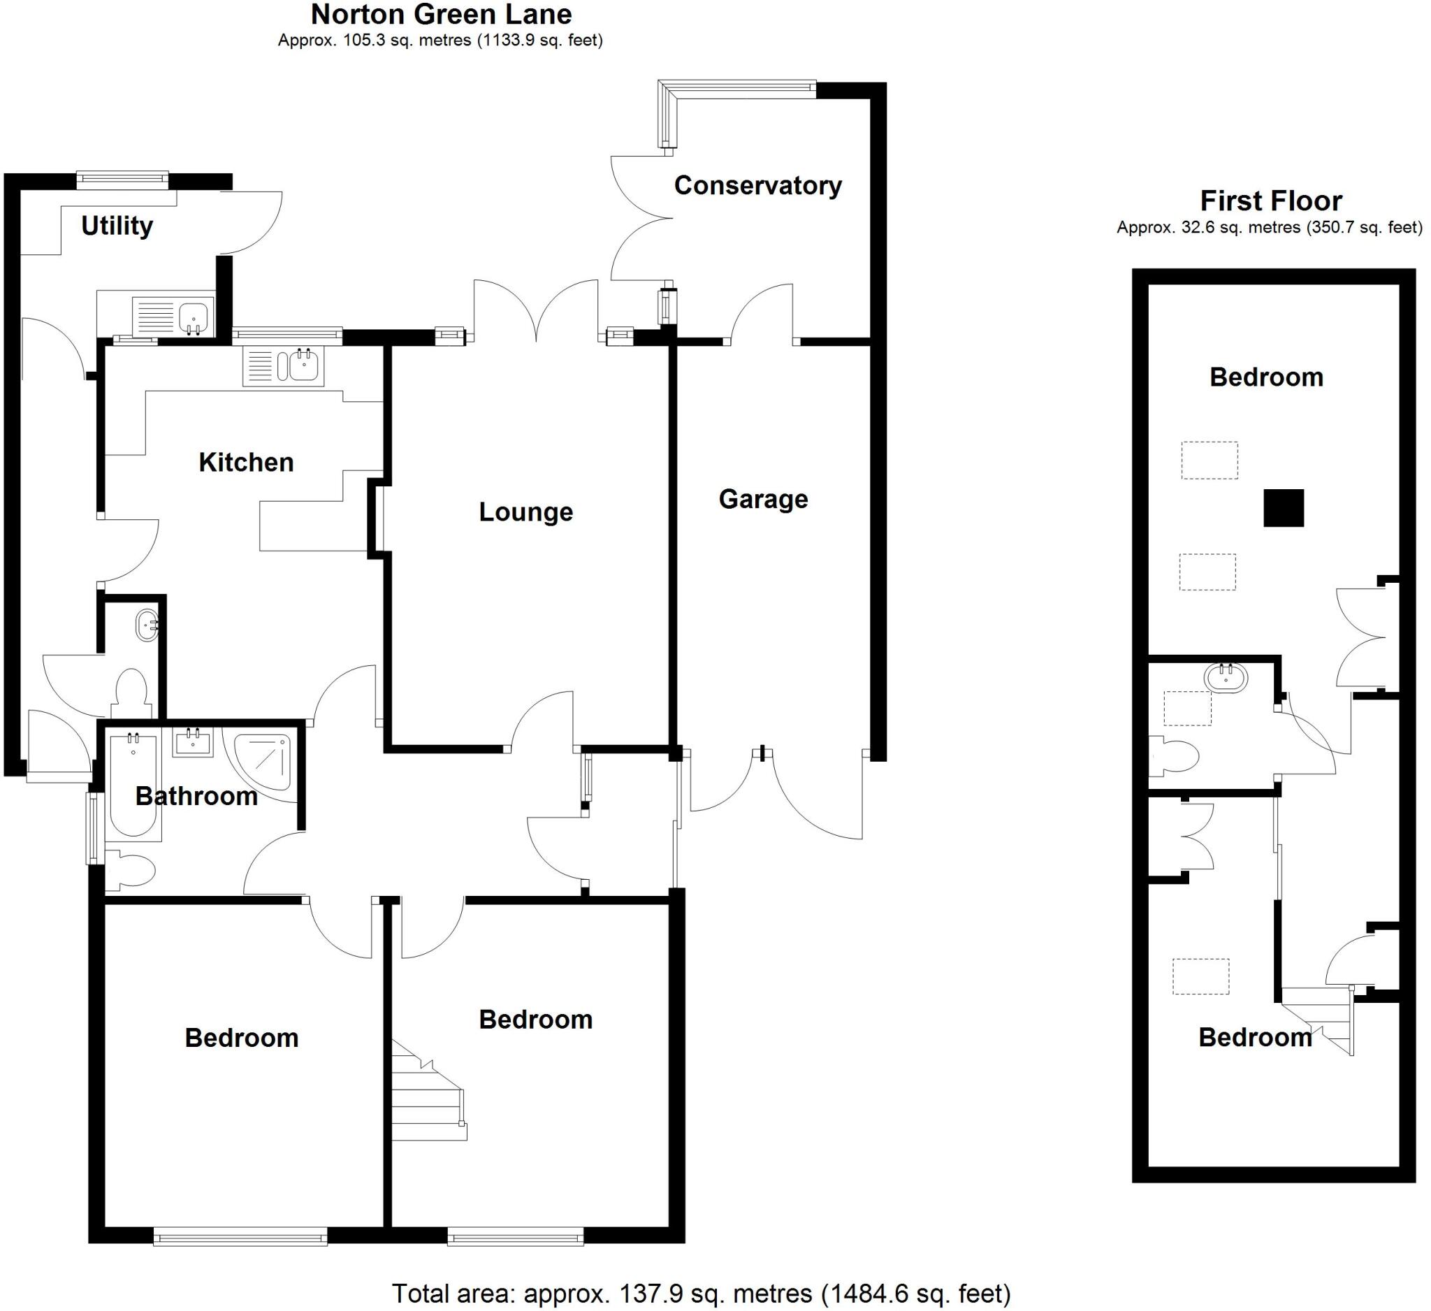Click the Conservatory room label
coord(757,185)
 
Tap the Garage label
coord(763,499)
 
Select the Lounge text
coord(525,512)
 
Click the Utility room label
coord(117,226)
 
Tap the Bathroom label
coord(196,796)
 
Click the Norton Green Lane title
coord(441,14)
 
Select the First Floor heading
coord(1270,201)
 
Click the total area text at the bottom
coord(701,1294)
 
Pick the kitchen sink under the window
coord(284,366)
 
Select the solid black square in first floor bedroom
coord(1284,508)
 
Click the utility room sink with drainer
coord(173,316)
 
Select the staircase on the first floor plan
coord(1322,1022)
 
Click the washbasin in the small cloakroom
coord(147,625)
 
